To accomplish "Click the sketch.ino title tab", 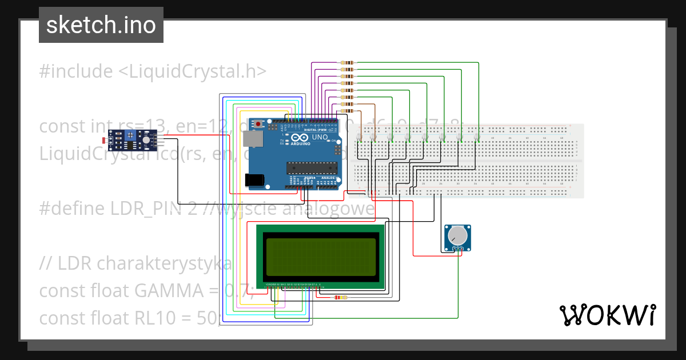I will tap(101, 25).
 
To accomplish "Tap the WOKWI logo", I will tap(607, 315).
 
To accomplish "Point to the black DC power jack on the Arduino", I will tap(255, 180).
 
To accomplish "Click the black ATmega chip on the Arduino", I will tap(311, 167).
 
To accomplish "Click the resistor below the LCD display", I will tap(341, 297).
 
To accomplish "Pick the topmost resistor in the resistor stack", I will tap(347, 62).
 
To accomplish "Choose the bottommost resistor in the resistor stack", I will tap(347, 111).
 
